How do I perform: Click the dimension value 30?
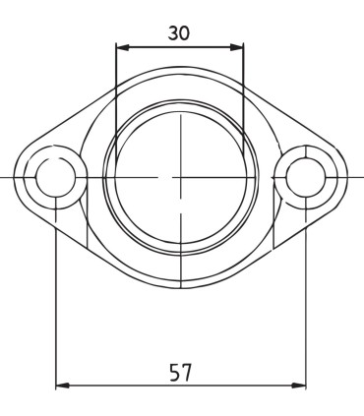(x=179, y=32)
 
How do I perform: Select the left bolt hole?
(x=55, y=177)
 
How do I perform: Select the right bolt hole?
(x=306, y=177)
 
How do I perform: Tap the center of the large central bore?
(x=180, y=177)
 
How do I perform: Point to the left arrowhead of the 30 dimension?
(x=119, y=45)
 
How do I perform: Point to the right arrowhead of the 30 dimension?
(x=240, y=45)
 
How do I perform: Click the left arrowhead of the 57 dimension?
(x=59, y=386)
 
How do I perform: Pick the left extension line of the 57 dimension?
(x=55, y=295)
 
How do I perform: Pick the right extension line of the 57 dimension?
(x=306, y=295)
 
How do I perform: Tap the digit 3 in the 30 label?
(x=172, y=32)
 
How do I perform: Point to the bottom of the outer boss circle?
(x=180, y=288)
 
